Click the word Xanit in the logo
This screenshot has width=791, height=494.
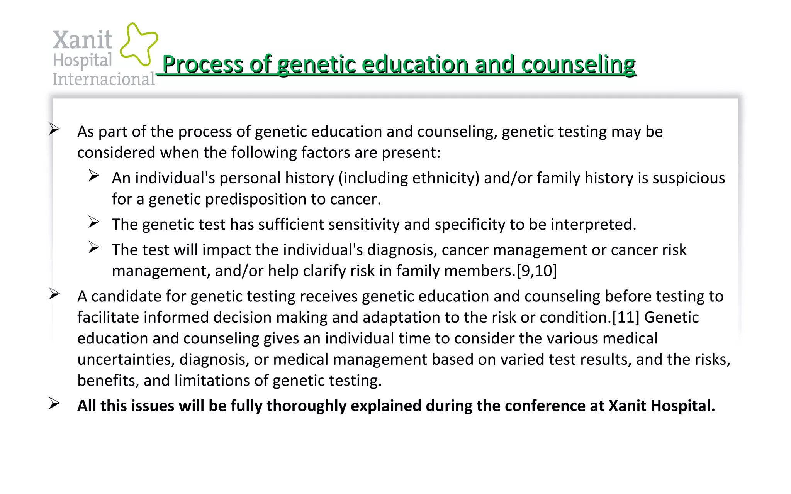click(82, 40)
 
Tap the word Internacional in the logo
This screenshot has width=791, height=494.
click(104, 79)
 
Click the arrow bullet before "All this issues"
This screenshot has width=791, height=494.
click(54, 404)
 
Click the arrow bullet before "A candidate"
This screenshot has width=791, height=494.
click(54, 294)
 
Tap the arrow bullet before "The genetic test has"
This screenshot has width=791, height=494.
click(94, 222)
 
